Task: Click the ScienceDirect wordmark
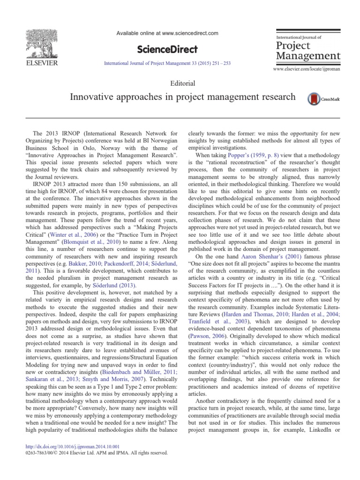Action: point(166,49)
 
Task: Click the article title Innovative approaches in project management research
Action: point(183,97)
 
